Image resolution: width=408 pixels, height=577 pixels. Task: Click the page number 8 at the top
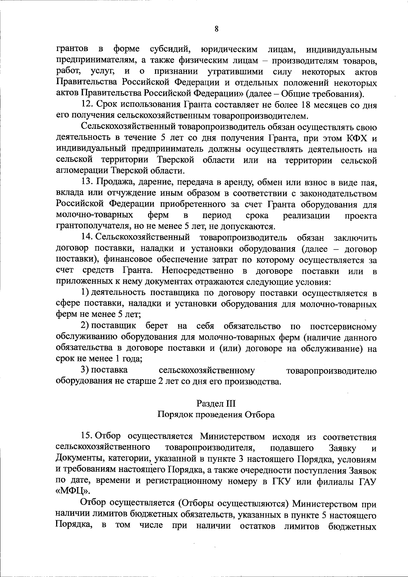pos(216,29)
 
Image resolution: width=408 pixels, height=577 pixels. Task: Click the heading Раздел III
pos(216,404)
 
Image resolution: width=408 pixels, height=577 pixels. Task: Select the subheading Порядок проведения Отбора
pos(216,415)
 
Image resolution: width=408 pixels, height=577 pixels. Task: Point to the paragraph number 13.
pos(86,183)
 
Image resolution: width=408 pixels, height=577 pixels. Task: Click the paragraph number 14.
pos(86,238)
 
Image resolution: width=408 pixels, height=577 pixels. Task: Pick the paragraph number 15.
pos(86,437)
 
